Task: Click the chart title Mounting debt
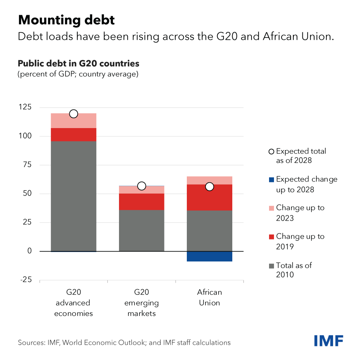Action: pyautogui.click(x=66, y=20)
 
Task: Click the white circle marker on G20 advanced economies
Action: pyautogui.click(x=74, y=114)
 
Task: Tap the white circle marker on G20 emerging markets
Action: pyautogui.click(x=142, y=186)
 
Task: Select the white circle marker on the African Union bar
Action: pyautogui.click(x=210, y=186)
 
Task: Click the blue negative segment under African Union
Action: pyautogui.click(x=210, y=256)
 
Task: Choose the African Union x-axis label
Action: pyautogui.click(x=210, y=297)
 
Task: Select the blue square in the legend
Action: pyautogui.click(x=271, y=179)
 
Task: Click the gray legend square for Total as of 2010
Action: pyautogui.click(x=271, y=266)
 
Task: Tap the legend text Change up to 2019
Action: pyautogui.click(x=300, y=241)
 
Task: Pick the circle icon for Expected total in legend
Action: pyautogui.click(x=271, y=152)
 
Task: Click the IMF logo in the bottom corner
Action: pyautogui.click(x=329, y=340)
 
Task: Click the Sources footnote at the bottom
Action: pyautogui.click(x=124, y=343)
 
